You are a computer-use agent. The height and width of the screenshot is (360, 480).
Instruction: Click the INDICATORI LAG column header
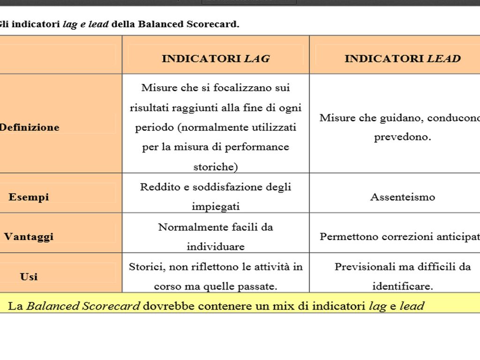pyautogui.click(x=216, y=59)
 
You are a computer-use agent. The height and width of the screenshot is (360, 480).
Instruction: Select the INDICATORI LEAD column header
pyautogui.click(x=402, y=59)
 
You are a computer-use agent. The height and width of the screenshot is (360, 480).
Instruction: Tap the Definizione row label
pyautogui.click(x=29, y=127)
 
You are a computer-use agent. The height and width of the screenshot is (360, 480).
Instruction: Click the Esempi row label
pyautogui.click(x=29, y=197)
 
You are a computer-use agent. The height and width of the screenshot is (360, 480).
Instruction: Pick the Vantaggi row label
pyautogui.click(x=29, y=237)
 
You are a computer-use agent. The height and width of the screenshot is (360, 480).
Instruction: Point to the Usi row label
pyautogui.click(x=29, y=277)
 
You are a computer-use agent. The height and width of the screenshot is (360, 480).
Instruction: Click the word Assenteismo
pyautogui.click(x=403, y=197)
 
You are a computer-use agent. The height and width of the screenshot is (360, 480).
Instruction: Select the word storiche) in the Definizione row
pyautogui.click(x=216, y=167)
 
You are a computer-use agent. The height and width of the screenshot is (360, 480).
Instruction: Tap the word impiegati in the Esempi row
pyautogui.click(x=216, y=207)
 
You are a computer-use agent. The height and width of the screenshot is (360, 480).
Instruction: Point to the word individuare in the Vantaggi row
pyautogui.click(x=216, y=247)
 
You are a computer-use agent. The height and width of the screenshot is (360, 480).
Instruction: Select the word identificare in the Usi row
pyautogui.click(x=402, y=286)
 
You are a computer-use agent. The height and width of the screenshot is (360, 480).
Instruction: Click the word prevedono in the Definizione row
pyautogui.click(x=402, y=137)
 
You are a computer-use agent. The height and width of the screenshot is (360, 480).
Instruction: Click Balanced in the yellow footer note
pyautogui.click(x=52, y=307)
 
